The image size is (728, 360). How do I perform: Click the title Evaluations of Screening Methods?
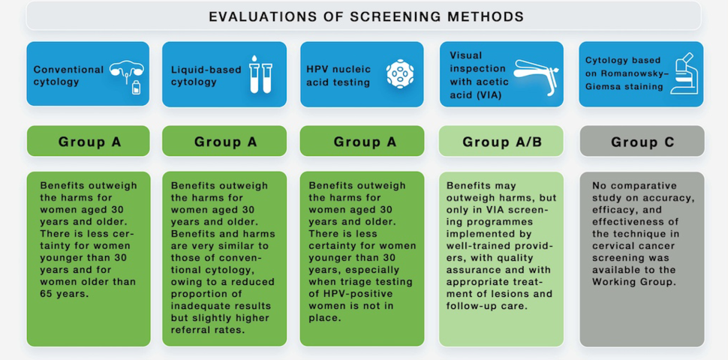point(366,16)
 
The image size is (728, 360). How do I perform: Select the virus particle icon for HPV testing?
point(400,74)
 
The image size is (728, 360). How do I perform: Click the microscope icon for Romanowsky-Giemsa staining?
point(684,73)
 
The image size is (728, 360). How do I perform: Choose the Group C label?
point(642,142)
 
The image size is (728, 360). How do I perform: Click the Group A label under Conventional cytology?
point(89,142)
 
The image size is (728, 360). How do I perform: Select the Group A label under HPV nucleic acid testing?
point(365,142)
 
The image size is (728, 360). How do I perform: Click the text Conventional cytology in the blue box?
point(68,76)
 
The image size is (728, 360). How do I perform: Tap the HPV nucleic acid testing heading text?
point(338,76)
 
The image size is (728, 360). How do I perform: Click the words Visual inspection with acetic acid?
point(478,75)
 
